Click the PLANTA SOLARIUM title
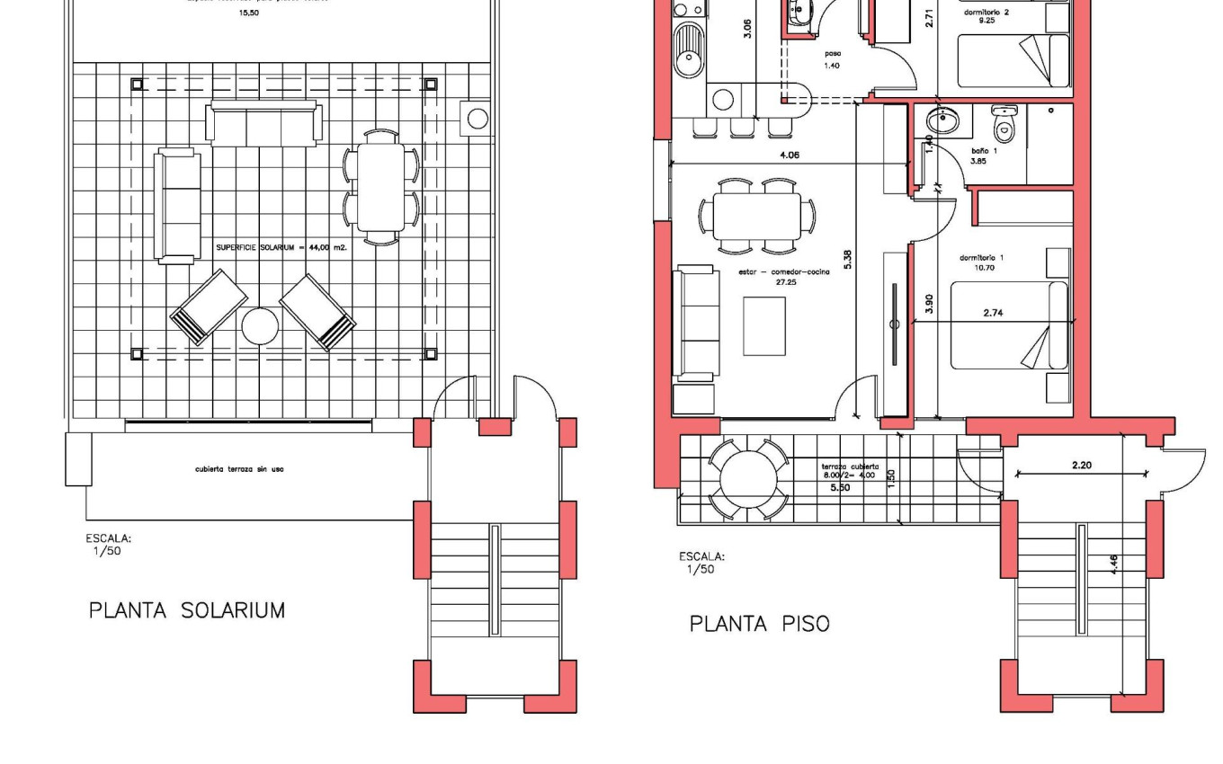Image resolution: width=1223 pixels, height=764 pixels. point(187,611)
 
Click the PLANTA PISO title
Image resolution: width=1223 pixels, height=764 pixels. point(759,624)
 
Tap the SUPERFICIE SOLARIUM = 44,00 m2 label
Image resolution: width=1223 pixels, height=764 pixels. point(281,246)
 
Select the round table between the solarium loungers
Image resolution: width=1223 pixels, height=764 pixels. point(260,326)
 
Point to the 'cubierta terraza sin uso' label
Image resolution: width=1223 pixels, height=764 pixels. point(239,469)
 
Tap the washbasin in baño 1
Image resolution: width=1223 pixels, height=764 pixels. point(942,120)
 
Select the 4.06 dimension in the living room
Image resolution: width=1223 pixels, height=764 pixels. point(789,155)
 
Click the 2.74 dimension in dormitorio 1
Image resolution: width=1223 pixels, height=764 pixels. point(993,313)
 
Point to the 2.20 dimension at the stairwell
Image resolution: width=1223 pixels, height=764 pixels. point(1082,466)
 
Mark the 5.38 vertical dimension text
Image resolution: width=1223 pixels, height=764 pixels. point(847,259)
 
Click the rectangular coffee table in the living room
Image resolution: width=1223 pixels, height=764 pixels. point(764,326)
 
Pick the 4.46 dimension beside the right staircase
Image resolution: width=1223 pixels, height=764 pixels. point(1113,564)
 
